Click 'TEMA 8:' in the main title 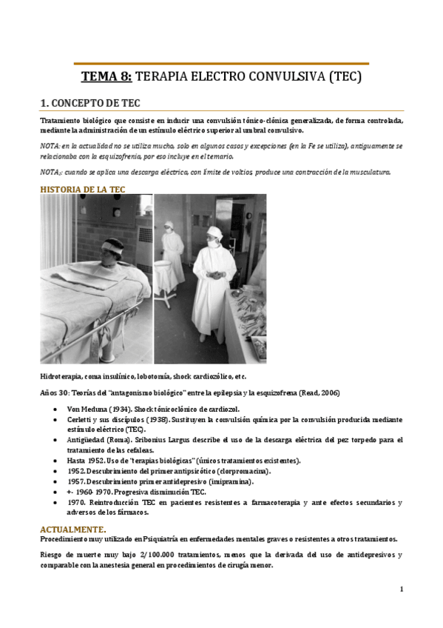(x=106, y=77)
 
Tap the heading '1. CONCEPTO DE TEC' (x=95, y=103)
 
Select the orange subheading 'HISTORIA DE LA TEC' (x=82, y=190)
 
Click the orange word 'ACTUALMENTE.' (x=73, y=529)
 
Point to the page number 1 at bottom (x=401, y=589)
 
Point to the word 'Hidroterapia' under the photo (x=63, y=377)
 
